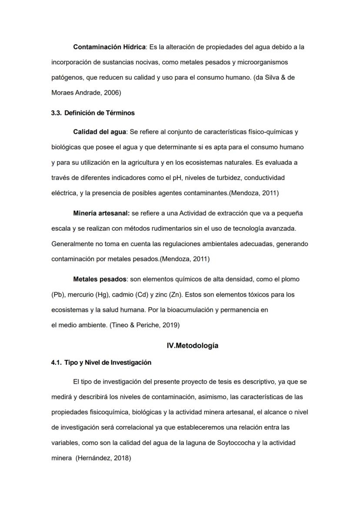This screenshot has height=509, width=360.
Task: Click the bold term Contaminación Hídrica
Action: [109, 47]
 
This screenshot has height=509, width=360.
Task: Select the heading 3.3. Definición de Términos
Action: [93, 113]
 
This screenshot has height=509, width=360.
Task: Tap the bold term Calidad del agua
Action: [100, 132]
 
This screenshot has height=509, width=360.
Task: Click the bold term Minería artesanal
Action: [101, 213]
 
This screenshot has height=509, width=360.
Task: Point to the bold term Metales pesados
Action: [100, 279]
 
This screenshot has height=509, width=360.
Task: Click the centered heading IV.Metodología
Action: [193, 346]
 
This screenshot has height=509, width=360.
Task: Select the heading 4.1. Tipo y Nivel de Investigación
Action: [101, 362]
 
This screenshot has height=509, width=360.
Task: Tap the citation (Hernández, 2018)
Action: [103, 458]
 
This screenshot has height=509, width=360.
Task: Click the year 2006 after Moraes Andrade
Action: [112, 93]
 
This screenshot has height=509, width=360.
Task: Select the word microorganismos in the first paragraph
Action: [260, 62]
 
